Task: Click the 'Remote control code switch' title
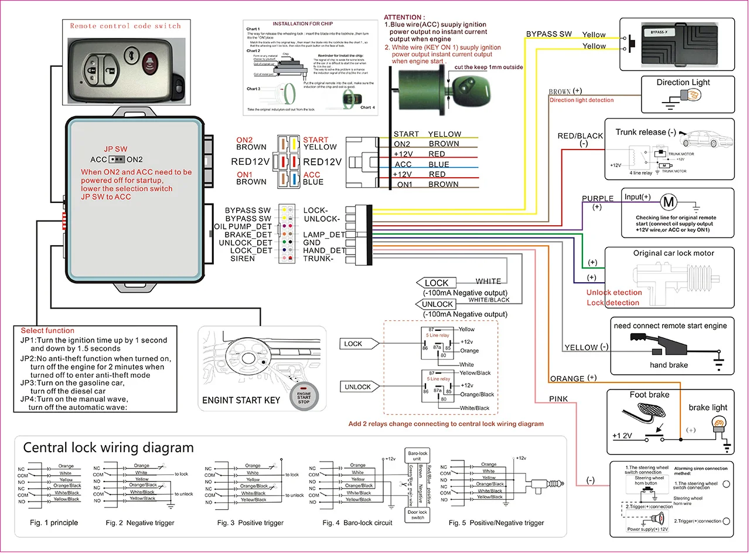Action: (x=125, y=26)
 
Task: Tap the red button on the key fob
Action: (x=151, y=60)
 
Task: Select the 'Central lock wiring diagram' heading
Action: (x=108, y=448)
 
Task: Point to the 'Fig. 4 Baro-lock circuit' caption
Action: (x=357, y=523)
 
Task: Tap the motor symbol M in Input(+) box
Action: (x=668, y=203)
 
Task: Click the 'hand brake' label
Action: (x=669, y=365)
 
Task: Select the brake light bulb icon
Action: (x=719, y=424)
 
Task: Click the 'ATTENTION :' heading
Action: (x=404, y=18)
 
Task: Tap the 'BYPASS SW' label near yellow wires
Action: (x=548, y=34)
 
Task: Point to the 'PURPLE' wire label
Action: (x=598, y=199)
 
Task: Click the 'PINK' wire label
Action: (x=558, y=399)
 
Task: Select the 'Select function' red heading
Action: (x=47, y=331)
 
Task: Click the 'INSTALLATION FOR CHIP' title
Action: (x=302, y=24)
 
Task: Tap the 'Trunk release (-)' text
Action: (x=645, y=132)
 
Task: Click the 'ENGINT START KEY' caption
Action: (x=241, y=400)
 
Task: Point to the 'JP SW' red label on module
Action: (x=115, y=149)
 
